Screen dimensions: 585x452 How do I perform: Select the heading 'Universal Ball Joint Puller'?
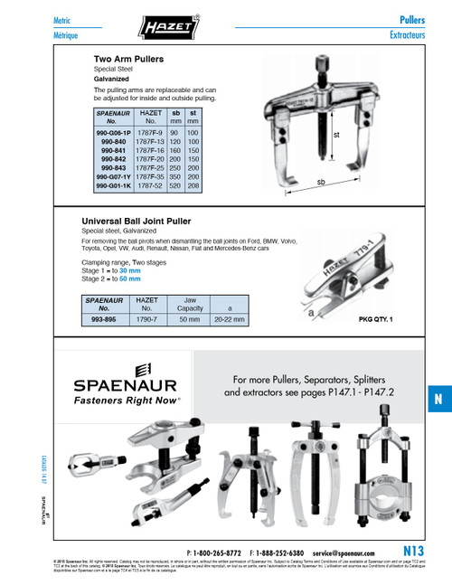pyautogui.click(x=147, y=222)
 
